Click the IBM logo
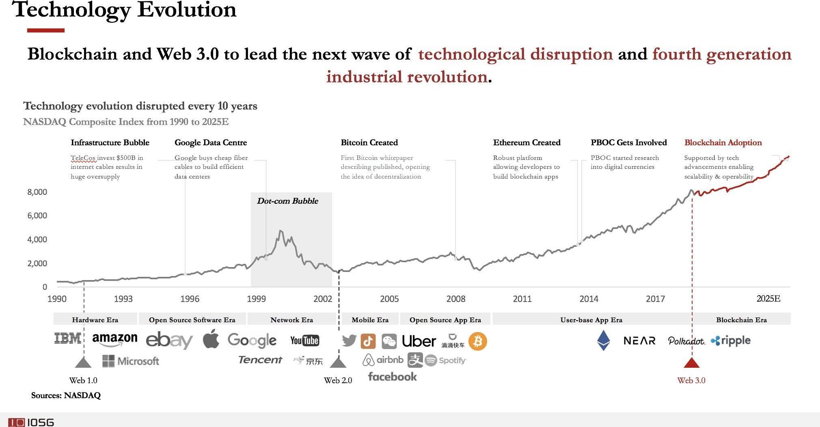pyautogui.click(x=68, y=338)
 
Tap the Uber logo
pyautogui.click(x=419, y=341)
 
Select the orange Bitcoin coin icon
pyautogui.click(x=477, y=341)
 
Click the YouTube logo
pyautogui.click(x=304, y=340)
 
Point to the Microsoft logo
pyautogui.click(x=131, y=361)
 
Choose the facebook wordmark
pyautogui.click(x=392, y=377)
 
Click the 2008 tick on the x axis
pyautogui.click(x=455, y=299)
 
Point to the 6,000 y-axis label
pyautogui.click(x=37, y=216)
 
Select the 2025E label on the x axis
pyautogui.click(x=768, y=299)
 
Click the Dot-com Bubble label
pyautogui.click(x=287, y=201)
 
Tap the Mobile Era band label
pyautogui.click(x=370, y=320)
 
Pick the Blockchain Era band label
pyautogui.click(x=741, y=320)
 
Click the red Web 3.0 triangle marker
pyautogui.click(x=692, y=362)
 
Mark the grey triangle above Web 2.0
pyautogui.click(x=338, y=362)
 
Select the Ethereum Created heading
pyautogui.click(x=527, y=142)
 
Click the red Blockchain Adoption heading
pyautogui.click(x=723, y=142)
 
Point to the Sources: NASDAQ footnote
pyautogui.click(x=66, y=395)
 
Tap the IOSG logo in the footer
pyautogui.click(x=31, y=422)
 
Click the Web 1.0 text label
pyautogui.click(x=83, y=380)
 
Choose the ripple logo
pyautogui.click(x=731, y=341)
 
